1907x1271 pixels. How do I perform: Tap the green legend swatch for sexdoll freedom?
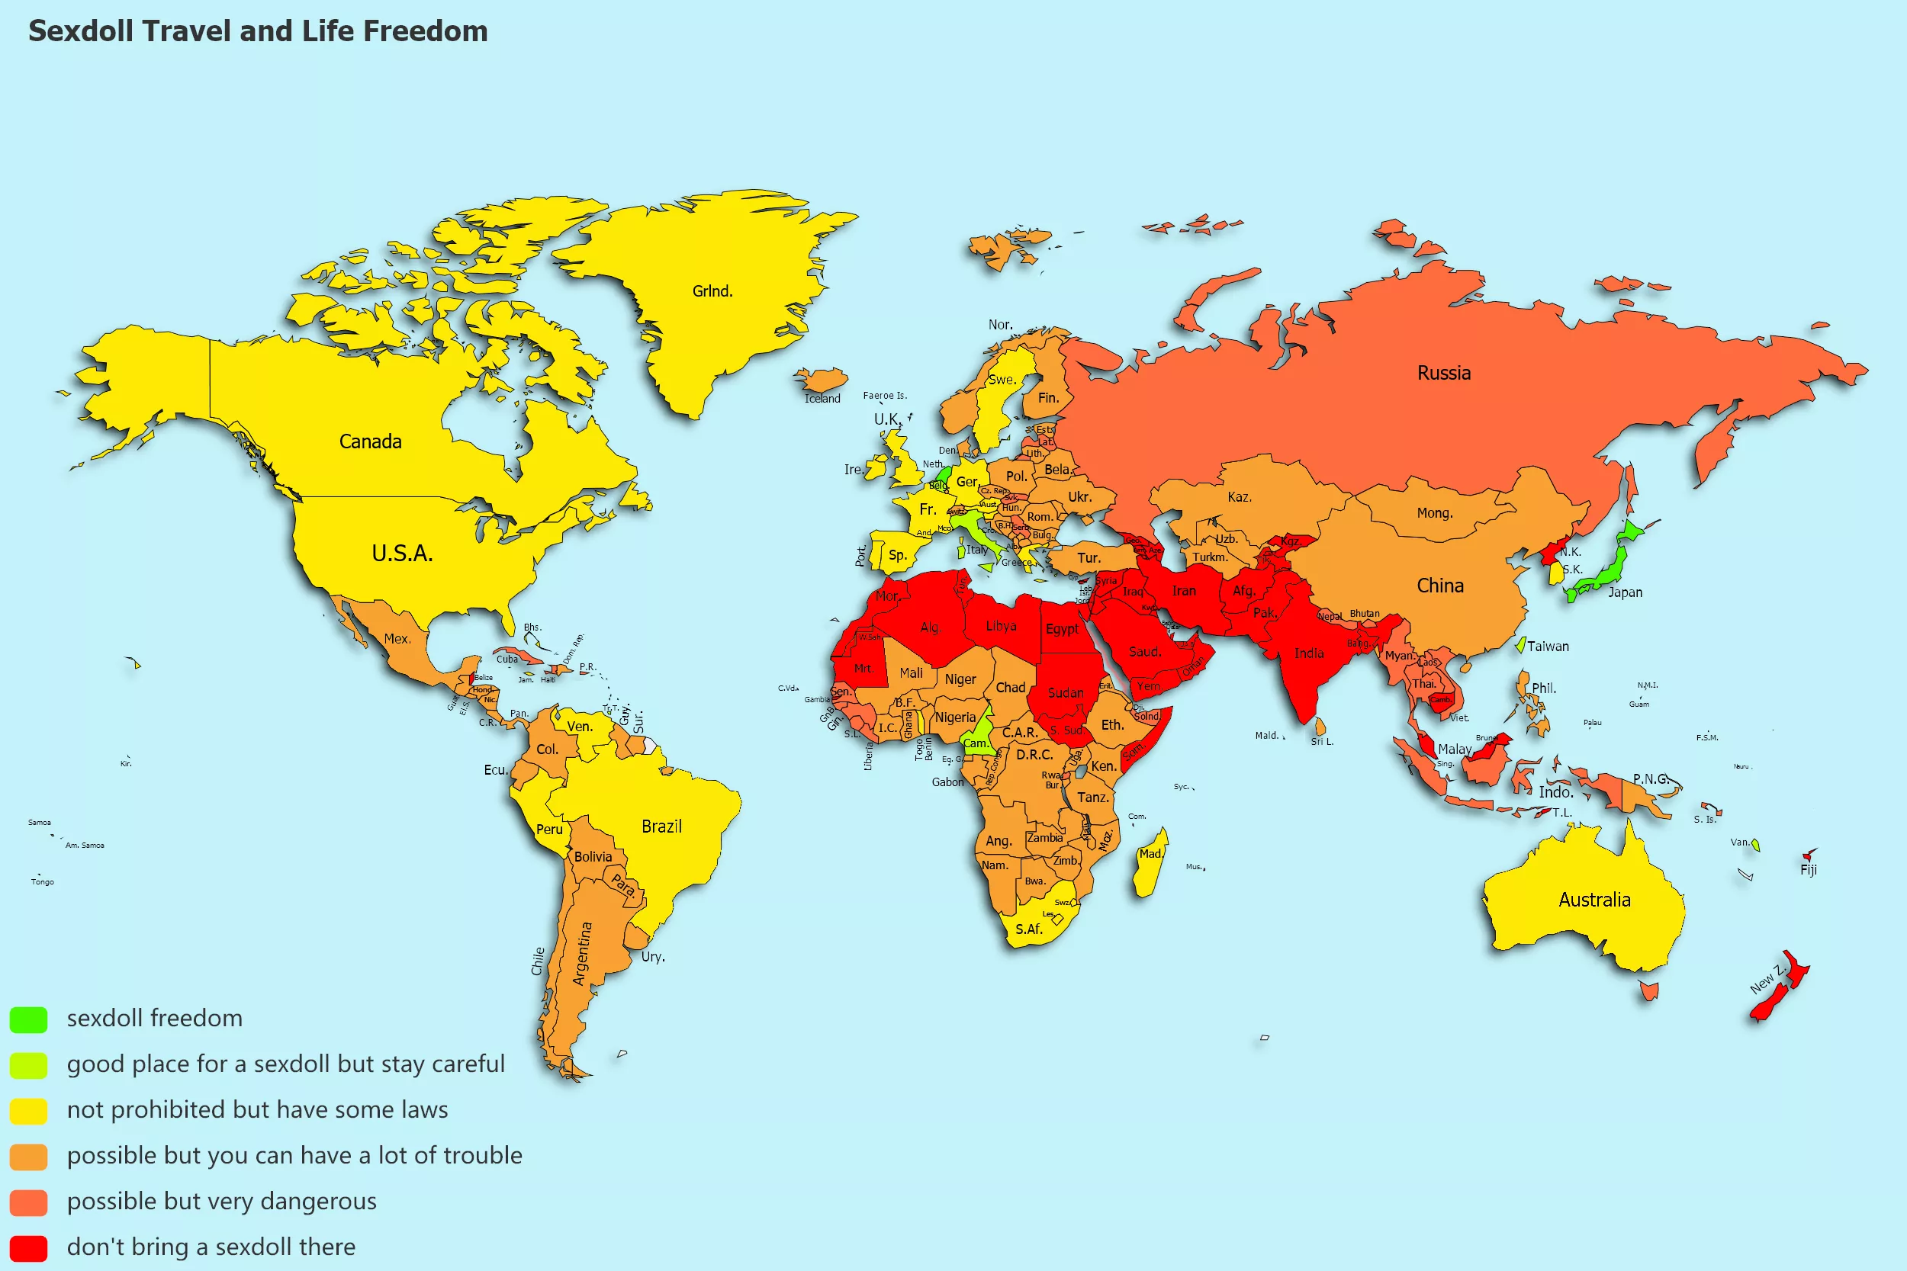28,1019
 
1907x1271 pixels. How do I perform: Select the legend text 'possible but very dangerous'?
221,1201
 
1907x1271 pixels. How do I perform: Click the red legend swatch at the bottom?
28,1247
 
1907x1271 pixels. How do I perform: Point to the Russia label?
1443,373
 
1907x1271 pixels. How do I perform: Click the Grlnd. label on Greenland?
712,291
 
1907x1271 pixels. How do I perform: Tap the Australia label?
1594,900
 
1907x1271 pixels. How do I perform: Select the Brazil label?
661,826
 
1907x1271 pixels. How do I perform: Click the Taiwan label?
1547,646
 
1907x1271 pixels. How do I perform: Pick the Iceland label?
822,399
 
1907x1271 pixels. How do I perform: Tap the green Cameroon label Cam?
976,743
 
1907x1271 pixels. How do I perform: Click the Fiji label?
1808,870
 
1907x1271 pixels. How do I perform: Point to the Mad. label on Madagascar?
1150,853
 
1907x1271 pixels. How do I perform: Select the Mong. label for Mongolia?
1434,513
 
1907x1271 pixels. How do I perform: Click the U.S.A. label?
402,554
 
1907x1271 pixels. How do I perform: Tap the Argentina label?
582,953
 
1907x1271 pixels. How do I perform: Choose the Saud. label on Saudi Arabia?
1144,652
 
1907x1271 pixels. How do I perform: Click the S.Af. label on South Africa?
1028,929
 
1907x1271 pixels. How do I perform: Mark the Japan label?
1625,592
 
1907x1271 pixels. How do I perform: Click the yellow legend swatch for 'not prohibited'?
28,1110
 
